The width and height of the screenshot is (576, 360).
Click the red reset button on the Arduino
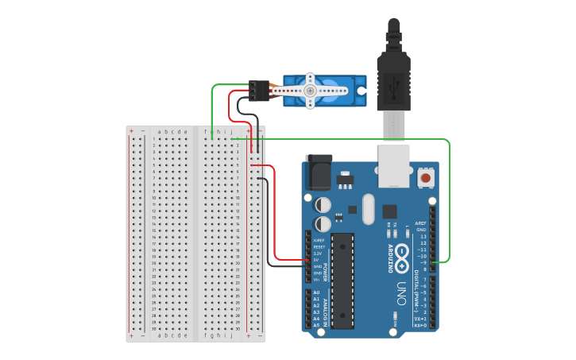pos(426,178)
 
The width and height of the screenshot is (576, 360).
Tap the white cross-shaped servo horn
pos(311,91)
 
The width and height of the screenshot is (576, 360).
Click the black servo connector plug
pos(257,91)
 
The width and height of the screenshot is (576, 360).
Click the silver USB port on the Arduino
pos(394,163)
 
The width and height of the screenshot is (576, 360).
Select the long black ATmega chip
pos(343,281)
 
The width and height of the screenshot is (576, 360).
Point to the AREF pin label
pos(422,223)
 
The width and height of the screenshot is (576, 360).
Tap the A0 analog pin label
pos(316,292)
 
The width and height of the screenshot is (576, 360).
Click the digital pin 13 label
pos(423,236)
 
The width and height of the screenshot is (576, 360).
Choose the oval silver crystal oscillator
pos(367,209)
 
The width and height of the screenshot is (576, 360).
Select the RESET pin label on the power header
pos(318,247)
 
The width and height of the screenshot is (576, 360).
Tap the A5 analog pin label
pos(316,325)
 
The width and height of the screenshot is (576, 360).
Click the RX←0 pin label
pos(420,325)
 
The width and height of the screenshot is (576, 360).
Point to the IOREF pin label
pos(318,240)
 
